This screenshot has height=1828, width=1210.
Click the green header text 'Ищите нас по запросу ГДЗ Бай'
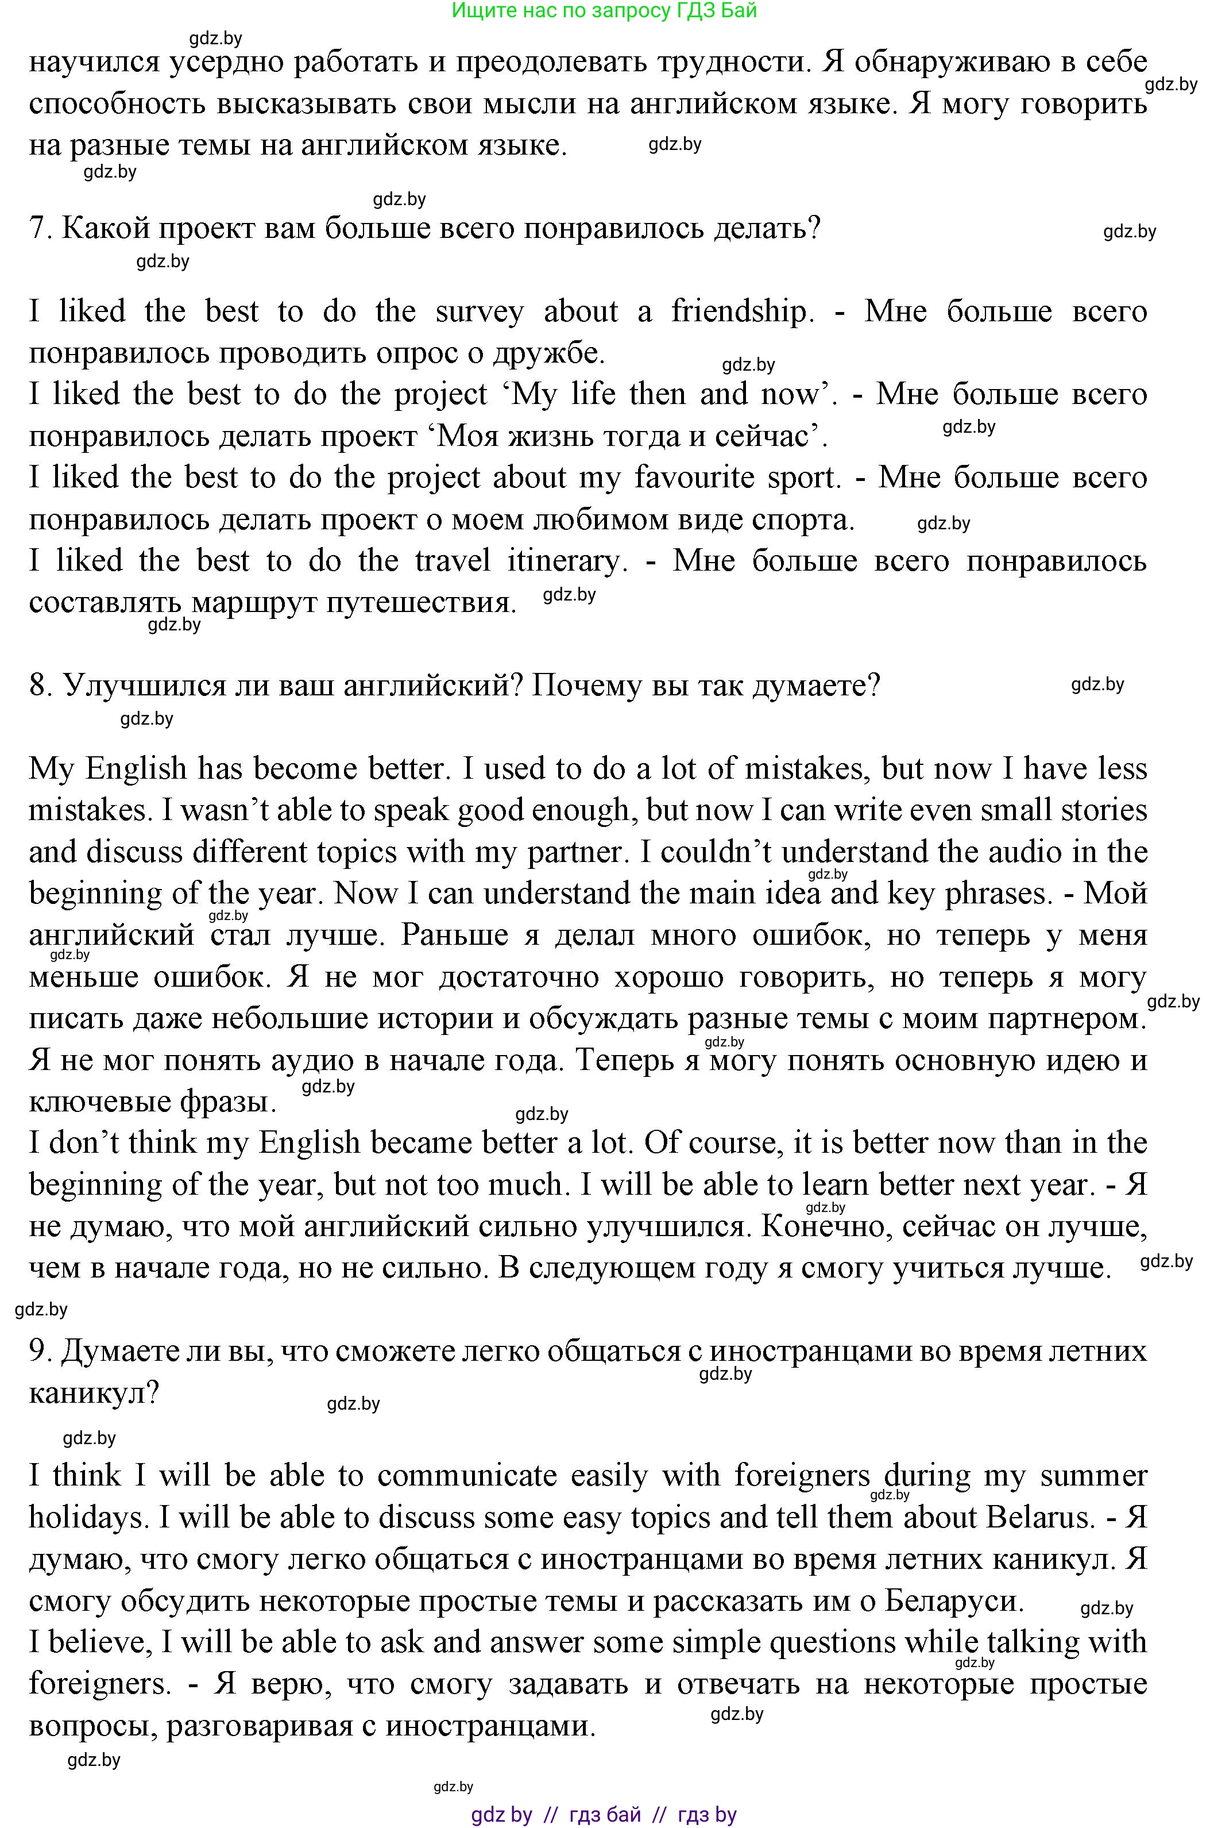click(604, 11)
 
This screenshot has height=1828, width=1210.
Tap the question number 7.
click(38, 229)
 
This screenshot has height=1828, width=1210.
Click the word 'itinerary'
click(566, 560)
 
